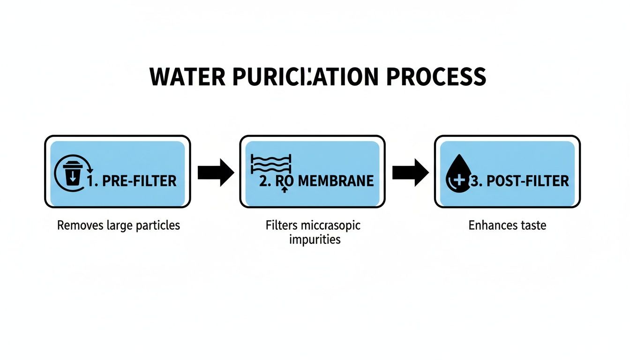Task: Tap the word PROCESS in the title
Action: tap(436, 77)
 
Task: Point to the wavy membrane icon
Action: tap(271, 164)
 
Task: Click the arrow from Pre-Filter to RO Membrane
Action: tap(215, 172)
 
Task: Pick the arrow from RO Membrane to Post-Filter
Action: tap(410, 172)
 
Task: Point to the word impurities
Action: tap(314, 240)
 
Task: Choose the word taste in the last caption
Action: tap(533, 225)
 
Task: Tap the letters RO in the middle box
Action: tap(285, 181)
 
